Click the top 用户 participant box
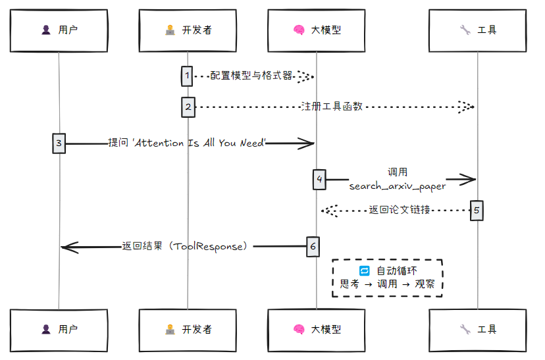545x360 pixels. (x=59, y=30)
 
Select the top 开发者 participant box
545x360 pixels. (x=188, y=30)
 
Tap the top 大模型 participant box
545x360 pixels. (x=317, y=30)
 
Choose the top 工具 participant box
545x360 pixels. (x=478, y=30)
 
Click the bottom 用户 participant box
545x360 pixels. (x=59, y=329)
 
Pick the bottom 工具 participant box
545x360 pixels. (x=478, y=329)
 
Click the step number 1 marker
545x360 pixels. (x=188, y=76)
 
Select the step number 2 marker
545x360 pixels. (x=188, y=107)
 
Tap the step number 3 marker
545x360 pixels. (x=59, y=143)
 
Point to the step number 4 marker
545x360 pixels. (x=319, y=179)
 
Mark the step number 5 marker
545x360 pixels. (x=477, y=211)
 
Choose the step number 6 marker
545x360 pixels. (x=313, y=246)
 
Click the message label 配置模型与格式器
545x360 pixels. (x=251, y=76)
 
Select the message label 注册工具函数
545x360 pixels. (x=332, y=107)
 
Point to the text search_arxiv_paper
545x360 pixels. (x=397, y=186)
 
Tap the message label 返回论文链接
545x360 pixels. (x=400, y=211)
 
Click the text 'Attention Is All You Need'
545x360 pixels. (x=199, y=143)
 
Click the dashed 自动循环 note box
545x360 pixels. (x=387, y=278)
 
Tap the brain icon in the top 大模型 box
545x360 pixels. (x=298, y=30)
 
